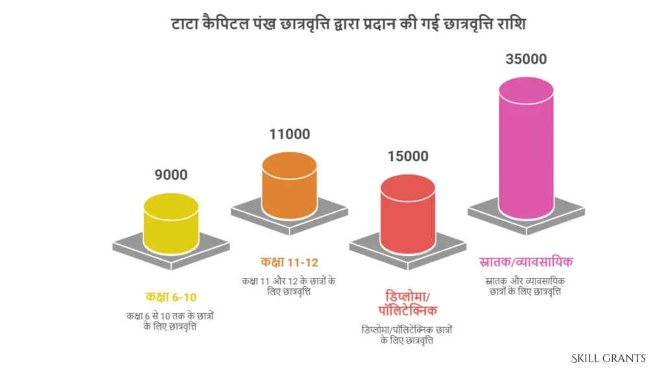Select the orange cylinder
289,188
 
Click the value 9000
171,175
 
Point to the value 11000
290,134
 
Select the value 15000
408,156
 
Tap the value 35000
526,59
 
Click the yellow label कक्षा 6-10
171,297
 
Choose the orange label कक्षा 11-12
289,263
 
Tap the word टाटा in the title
184,25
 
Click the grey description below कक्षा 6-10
171,321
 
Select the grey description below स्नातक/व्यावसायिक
525,286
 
